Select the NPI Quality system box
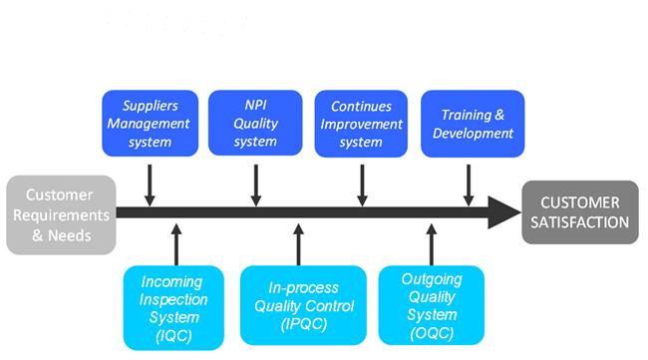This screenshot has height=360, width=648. click(x=255, y=124)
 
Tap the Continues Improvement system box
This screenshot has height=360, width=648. click(x=362, y=124)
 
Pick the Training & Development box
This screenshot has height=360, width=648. click(x=468, y=124)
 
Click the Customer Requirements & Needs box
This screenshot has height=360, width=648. click(x=60, y=213)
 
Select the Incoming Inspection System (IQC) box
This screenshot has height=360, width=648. click(x=173, y=307)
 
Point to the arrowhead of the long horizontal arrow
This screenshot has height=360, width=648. click(x=503, y=211)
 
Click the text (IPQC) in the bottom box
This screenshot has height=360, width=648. click(x=297, y=324)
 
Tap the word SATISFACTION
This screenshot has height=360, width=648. click(x=580, y=221)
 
